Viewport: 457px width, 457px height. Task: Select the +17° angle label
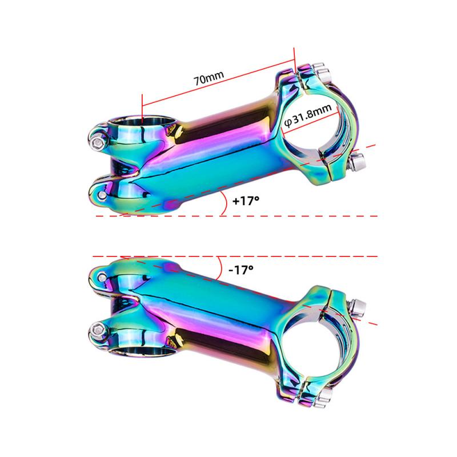[x=246, y=202]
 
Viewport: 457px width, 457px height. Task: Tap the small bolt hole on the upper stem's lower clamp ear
[x=102, y=195]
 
